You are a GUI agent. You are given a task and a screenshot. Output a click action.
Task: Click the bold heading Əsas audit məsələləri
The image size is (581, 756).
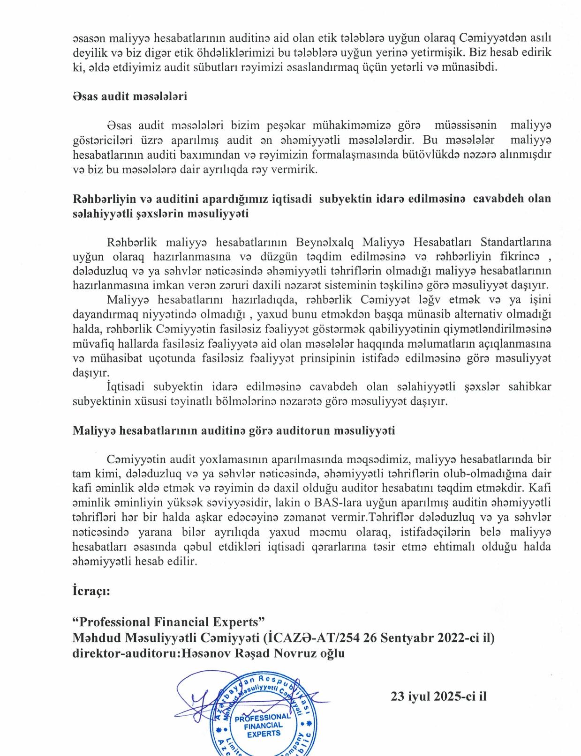coord(130,96)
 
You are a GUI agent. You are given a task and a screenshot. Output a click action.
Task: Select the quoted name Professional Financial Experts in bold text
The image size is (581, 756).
coord(169,622)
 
